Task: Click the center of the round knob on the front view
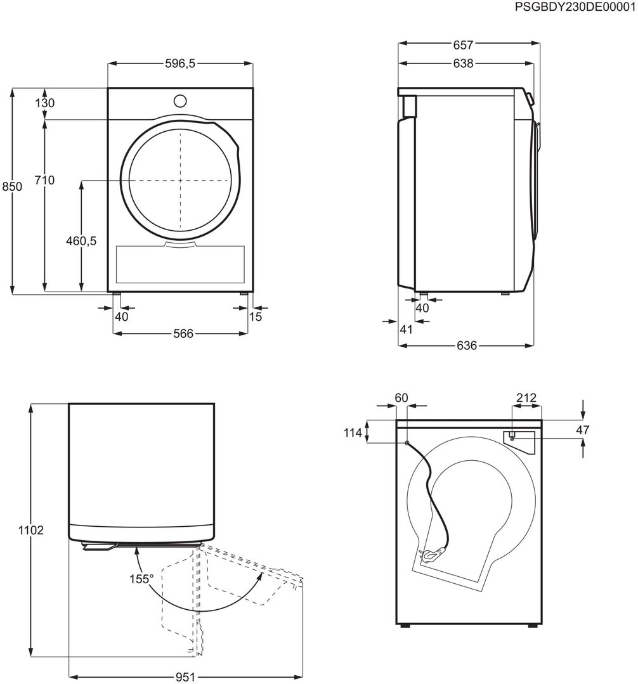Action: point(179,101)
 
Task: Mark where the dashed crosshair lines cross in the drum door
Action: point(180,180)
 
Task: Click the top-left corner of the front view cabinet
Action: point(108,89)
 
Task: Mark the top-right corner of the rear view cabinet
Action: point(542,420)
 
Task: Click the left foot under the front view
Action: point(117,294)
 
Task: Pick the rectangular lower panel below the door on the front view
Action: point(180,264)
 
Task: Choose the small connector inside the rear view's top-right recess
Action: point(512,436)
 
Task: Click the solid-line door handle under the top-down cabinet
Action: point(100,546)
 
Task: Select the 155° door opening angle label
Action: point(141,579)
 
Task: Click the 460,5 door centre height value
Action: point(81,241)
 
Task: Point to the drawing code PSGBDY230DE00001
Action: point(575,7)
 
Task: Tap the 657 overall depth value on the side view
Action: point(463,45)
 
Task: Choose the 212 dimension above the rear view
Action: point(526,398)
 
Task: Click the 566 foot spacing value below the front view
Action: point(183,333)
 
